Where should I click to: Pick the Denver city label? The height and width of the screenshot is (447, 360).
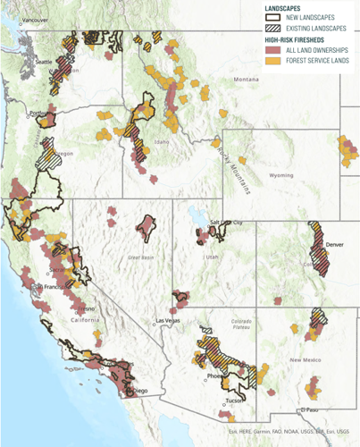(x=334, y=243)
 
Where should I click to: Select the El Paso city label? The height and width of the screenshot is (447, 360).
(x=309, y=409)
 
